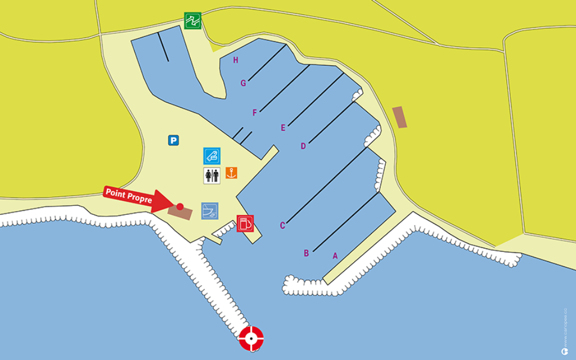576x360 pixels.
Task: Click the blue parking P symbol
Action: tap(173, 141)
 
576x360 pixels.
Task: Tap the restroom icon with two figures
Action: tap(211, 175)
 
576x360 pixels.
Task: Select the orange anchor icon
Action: tap(231, 173)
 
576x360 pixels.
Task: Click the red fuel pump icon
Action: tap(245, 223)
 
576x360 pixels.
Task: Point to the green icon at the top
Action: tap(193, 21)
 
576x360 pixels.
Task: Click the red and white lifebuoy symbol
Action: tap(251, 338)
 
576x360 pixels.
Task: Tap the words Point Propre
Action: tap(128, 196)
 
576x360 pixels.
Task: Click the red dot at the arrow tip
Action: tap(180, 206)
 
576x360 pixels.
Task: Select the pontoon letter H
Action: tap(236, 60)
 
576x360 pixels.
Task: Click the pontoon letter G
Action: tap(244, 83)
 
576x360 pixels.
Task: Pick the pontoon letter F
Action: tap(255, 113)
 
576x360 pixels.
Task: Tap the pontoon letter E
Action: tap(283, 128)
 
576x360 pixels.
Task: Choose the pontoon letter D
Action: tap(303, 146)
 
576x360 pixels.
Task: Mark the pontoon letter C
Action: tap(283, 226)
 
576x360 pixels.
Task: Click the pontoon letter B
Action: tap(307, 253)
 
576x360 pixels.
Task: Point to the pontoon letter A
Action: tap(335, 256)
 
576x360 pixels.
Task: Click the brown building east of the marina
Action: tap(399, 117)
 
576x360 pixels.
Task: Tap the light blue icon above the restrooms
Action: tap(212, 156)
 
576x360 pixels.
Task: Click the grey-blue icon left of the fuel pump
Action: tap(210, 211)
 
